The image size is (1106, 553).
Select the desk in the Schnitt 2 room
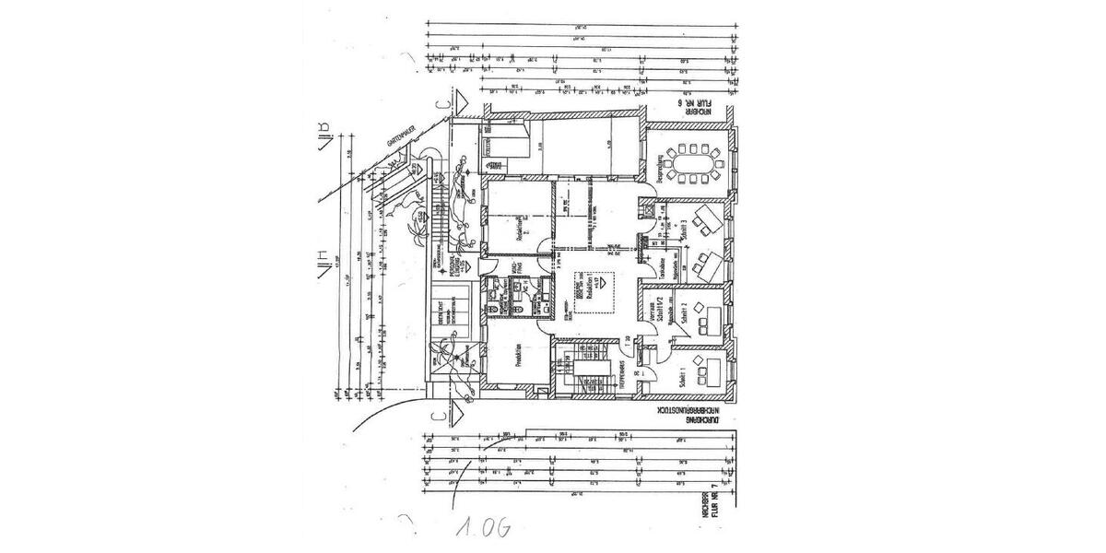point(709,314)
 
